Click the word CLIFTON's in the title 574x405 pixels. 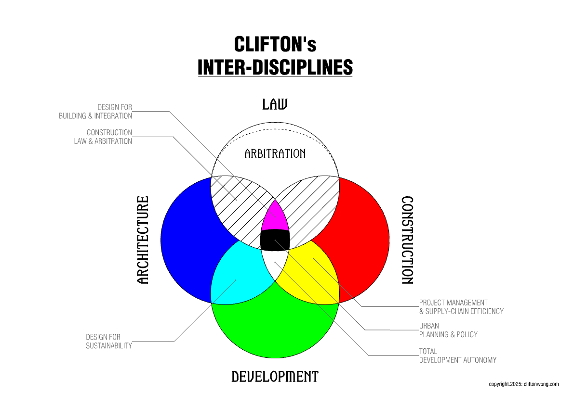(x=275, y=44)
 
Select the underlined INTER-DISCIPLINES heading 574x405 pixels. (x=275, y=67)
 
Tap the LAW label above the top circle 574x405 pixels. (x=275, y=104)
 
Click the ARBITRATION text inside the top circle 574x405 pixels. (x=275, y=153)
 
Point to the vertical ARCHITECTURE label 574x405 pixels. (x=143, y=240)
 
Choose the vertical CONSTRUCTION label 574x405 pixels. (x=407, y=240)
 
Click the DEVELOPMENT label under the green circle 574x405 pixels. (x=275, y=376)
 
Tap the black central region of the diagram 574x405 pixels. (x=275, y=240)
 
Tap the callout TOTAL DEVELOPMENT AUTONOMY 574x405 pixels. (x=457, y=355)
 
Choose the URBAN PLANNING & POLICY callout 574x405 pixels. (x=448, y=330)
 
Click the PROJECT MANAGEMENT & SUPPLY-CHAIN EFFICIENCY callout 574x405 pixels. (x=461, y=307)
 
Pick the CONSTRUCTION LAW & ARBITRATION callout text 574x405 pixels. (x=103, y=137)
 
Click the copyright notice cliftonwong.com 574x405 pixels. (x=523, y=384)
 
